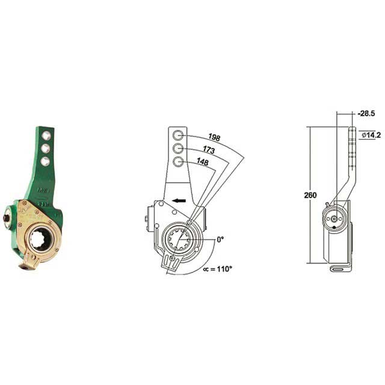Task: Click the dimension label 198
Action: pyautogui.click(x=214, y=138)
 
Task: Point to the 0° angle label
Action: pyautogui.click(x=220, y=239)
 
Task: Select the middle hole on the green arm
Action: pyautogui.click(x=45, y=148)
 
